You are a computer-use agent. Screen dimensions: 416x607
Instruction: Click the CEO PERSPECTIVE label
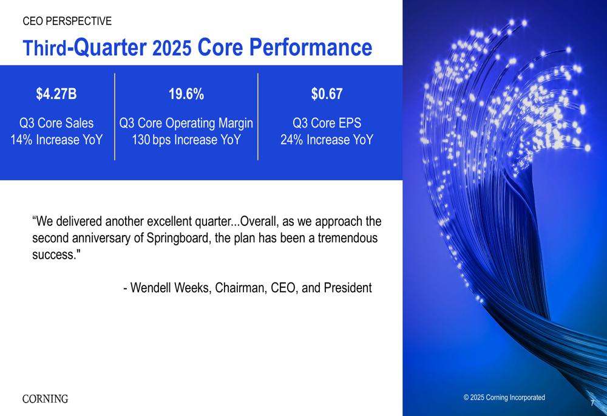[x=67, y=21]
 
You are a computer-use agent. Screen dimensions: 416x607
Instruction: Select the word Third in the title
[x=44, y=49]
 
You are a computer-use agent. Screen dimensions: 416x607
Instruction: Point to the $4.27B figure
[x=56, y=94]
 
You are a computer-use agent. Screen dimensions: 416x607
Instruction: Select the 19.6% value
[x=186, y=94]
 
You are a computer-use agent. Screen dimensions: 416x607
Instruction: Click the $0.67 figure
[x=327, y=94]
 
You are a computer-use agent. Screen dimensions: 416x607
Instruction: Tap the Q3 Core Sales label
[x=56, y=123]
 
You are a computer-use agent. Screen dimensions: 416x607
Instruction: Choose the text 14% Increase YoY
[x=56, y=140]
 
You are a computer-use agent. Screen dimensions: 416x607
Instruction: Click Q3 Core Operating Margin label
[x=186, y=123]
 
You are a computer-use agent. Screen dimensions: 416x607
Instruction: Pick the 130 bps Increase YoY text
[x=186, y=140]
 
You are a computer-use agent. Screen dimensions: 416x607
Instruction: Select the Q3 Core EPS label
[x=327, y=123]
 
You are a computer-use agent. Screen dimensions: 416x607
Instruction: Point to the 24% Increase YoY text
[x=327, y=140]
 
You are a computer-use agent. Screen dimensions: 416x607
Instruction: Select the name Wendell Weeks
[x=169, y=288]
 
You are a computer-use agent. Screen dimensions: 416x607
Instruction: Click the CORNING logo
[x=45, y=399]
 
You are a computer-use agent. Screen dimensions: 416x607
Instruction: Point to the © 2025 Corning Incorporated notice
[x=504, y=398]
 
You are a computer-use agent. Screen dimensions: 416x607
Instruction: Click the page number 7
[x=592, y=403]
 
